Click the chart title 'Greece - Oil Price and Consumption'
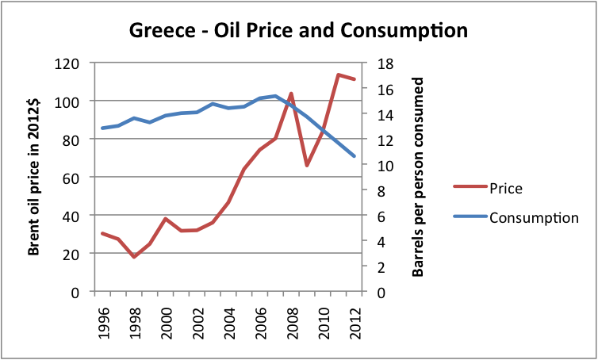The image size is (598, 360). click(298, 31)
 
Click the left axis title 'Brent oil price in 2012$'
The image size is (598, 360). click(34, 178)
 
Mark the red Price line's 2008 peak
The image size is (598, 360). click(291, 94)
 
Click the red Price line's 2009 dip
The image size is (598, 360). click(307, 165)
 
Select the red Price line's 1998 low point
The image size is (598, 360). click(134, 257)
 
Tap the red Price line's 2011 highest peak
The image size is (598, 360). click(338, 75)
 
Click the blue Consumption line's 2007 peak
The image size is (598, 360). click(275, 96)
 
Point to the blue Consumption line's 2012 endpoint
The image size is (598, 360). click(354, 156)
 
